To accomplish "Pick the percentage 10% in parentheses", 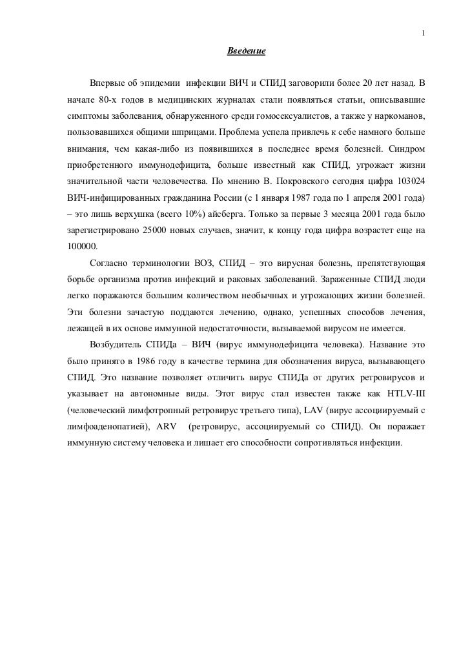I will tap(190, 212).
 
